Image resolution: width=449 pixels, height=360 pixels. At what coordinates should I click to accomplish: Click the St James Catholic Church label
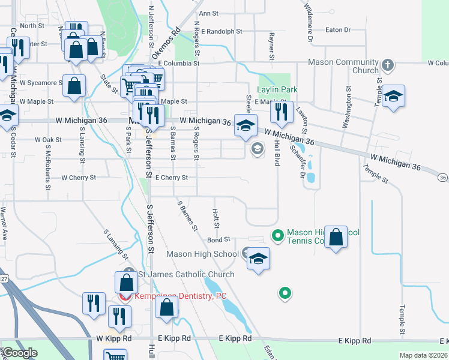point(186,275)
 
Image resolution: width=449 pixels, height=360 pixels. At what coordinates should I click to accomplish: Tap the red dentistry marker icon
point(125,296)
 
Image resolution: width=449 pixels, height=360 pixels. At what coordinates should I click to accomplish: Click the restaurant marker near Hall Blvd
point(280,112)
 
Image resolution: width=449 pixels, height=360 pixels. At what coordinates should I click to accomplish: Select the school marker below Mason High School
point(258,259)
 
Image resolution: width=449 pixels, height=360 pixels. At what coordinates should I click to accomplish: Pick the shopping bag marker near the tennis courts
point(337,236)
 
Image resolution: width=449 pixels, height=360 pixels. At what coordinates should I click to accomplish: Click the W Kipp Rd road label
point(113,338)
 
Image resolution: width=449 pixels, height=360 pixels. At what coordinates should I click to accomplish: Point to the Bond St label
point(219,239)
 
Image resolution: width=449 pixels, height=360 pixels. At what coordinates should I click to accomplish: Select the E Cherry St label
point(172,178)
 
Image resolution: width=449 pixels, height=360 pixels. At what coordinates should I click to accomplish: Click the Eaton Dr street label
point(338,29)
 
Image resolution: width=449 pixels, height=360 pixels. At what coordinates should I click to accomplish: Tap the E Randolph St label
point(221,31)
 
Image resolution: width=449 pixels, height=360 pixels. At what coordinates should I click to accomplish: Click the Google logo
point(20,353)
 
